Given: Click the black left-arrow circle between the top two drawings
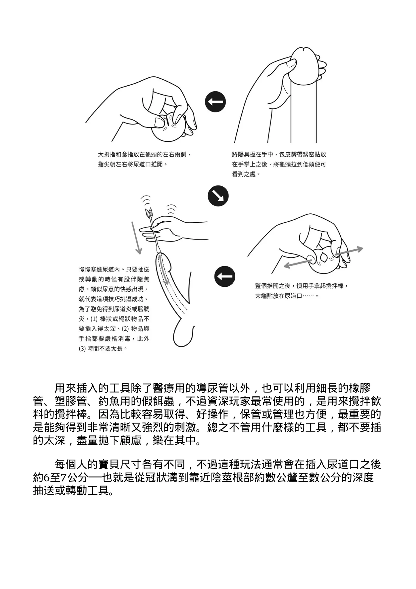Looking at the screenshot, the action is [x=215, y=102].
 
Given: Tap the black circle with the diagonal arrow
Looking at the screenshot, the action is [x=218, y=196].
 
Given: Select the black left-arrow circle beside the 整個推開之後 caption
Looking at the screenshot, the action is [x=225, y=276].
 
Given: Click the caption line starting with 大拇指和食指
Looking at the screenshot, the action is [x=145, y=155].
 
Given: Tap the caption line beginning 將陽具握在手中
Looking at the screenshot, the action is [x=279, y=155].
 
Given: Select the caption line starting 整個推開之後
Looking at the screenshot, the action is [x=302, y=286].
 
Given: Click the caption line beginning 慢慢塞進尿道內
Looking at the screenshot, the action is [x=114, y=270].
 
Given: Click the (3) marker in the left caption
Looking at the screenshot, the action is [x=83, y=349].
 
